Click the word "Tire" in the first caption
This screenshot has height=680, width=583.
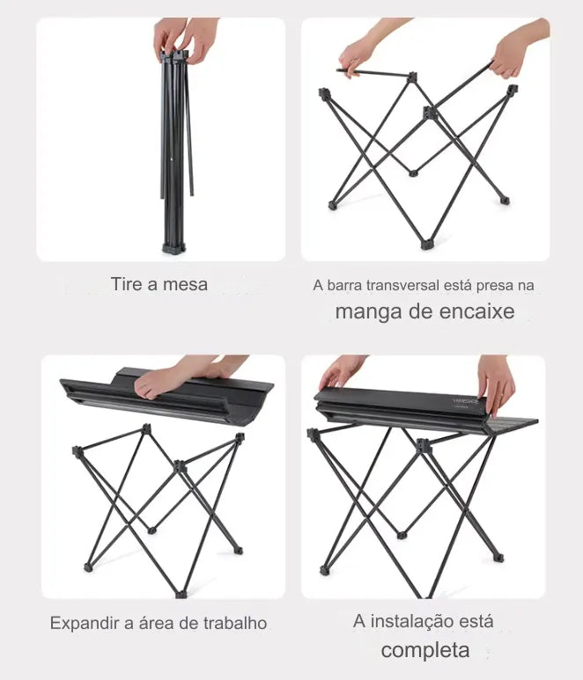[126, 284]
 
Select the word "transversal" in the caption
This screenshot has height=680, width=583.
[402, 285]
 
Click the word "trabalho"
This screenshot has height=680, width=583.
[234, 623]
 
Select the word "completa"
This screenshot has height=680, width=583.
[425, 650]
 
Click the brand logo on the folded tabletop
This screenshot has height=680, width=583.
[465, 402]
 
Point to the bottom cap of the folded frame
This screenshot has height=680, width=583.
[173, 248]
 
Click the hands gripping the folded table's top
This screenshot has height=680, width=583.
[187, 39]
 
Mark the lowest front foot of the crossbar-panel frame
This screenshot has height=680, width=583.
[425, 245]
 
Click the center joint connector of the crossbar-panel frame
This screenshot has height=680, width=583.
[429, 112]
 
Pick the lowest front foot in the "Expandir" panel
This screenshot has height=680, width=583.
[181, 594]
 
